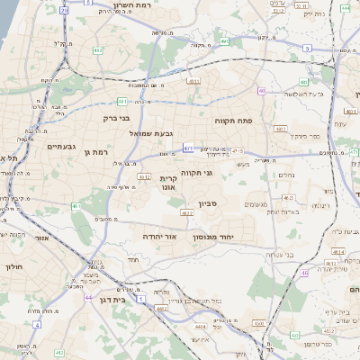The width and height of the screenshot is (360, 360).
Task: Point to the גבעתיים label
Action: [x=60, y=146]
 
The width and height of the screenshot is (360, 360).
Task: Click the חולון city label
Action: [x=13, y=266]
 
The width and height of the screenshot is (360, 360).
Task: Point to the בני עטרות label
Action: [x=280, y=255]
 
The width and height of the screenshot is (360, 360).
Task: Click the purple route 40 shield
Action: [x=261, y=91]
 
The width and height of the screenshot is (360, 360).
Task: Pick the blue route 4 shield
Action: [x=37, y=323]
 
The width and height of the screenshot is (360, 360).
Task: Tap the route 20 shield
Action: [x=63, y=10]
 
